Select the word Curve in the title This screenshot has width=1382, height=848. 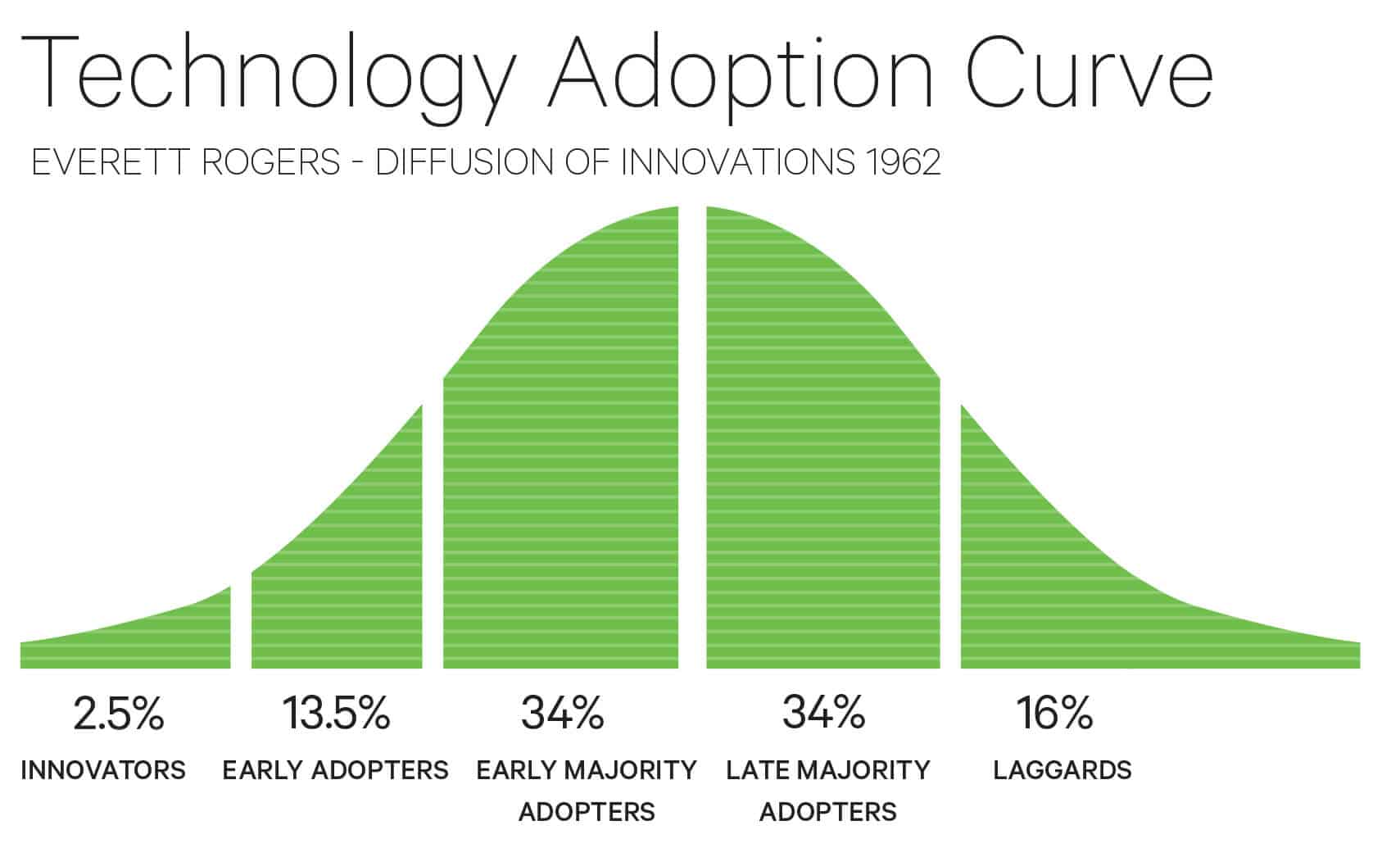pos(1090,70)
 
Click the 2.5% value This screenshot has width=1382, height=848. pos(119,713)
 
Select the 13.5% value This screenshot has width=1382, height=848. pos(336,713)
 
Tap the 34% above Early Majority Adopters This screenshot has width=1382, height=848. pos(563,713)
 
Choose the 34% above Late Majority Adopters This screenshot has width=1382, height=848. pos(823,713)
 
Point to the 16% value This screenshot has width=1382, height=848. pos(1054,713)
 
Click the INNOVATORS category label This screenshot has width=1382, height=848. pos(103,771)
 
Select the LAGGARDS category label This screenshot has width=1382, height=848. pos(1062,771)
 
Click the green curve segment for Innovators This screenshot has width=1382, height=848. pos(147,643)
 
